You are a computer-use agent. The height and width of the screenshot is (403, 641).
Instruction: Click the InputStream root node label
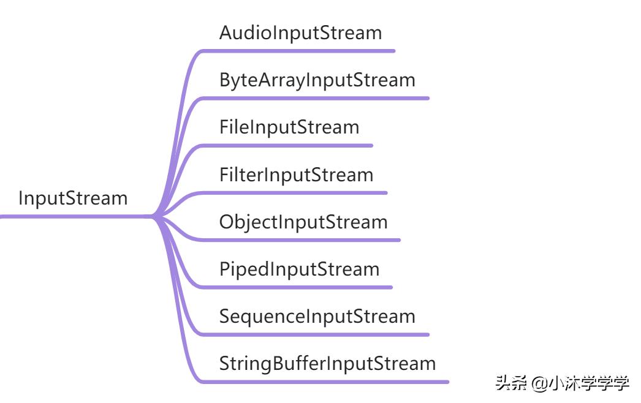(73, 198)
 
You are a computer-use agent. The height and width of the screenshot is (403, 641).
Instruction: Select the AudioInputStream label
(300, 32)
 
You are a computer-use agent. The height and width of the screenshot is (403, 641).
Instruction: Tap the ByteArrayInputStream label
(317, 80)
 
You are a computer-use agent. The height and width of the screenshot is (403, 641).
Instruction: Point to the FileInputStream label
(289, 127)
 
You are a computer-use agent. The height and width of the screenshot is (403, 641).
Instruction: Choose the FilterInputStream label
(296, 175)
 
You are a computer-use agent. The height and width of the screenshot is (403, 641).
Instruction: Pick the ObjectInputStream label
(303, 222)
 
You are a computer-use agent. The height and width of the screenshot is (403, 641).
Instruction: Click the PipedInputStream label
(299, 269)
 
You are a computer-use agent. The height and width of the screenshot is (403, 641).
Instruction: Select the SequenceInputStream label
(317, 317)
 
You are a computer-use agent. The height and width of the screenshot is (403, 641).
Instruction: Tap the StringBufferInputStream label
(327, 364)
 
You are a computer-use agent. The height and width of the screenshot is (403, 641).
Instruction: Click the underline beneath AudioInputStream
(300, 51)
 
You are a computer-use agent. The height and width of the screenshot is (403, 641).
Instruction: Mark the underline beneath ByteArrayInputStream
(317, 98)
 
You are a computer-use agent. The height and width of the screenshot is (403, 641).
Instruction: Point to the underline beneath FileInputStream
(289, 146)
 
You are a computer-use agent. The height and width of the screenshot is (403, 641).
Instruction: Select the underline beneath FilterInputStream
(296, 193)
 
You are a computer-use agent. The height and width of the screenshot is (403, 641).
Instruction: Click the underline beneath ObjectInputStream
(303, 240)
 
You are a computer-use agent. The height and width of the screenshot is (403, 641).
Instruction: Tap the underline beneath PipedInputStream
(299, 287)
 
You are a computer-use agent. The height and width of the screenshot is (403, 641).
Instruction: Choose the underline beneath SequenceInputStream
(317, 335)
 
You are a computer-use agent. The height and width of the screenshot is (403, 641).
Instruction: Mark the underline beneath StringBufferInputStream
(327, 382)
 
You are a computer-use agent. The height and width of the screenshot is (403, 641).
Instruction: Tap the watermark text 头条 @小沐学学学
(562, 384)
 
